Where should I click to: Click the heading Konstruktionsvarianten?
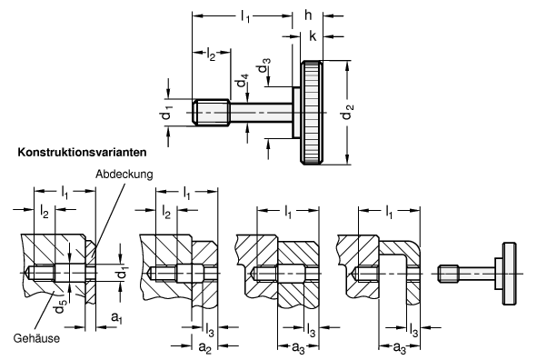point(82,152)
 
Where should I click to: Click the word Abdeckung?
point(124,175)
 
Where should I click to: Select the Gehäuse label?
point(36,338)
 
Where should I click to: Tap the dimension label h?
point(308,15)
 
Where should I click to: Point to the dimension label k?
point(313,35)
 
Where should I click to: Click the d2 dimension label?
point(348,111)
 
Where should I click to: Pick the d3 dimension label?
point(264,65)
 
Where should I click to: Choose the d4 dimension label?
point(243,87)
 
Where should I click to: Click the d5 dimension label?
point(61,305)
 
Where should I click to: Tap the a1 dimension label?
point(117,318)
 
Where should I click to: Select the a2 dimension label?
point(204,347)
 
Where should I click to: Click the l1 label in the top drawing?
point(245,15)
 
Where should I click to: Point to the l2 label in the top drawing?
point(212,55)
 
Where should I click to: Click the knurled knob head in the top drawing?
point(312,113)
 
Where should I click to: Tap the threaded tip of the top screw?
point(211,113)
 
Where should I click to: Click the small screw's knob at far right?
point(509,274)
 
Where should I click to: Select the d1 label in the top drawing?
point(167,113)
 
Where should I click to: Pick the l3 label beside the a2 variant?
point(210,330)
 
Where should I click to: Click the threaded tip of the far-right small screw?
point(449,274)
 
